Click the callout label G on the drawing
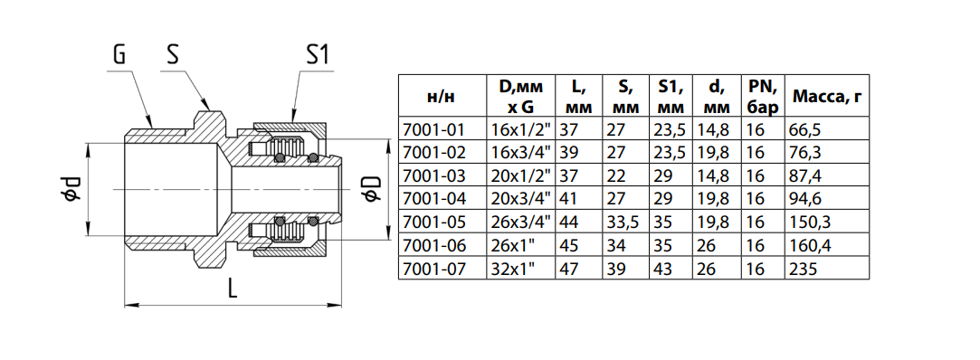point(120,55)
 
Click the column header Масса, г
point(826,96)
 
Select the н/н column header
point(442,97)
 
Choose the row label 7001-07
point(435,269)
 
